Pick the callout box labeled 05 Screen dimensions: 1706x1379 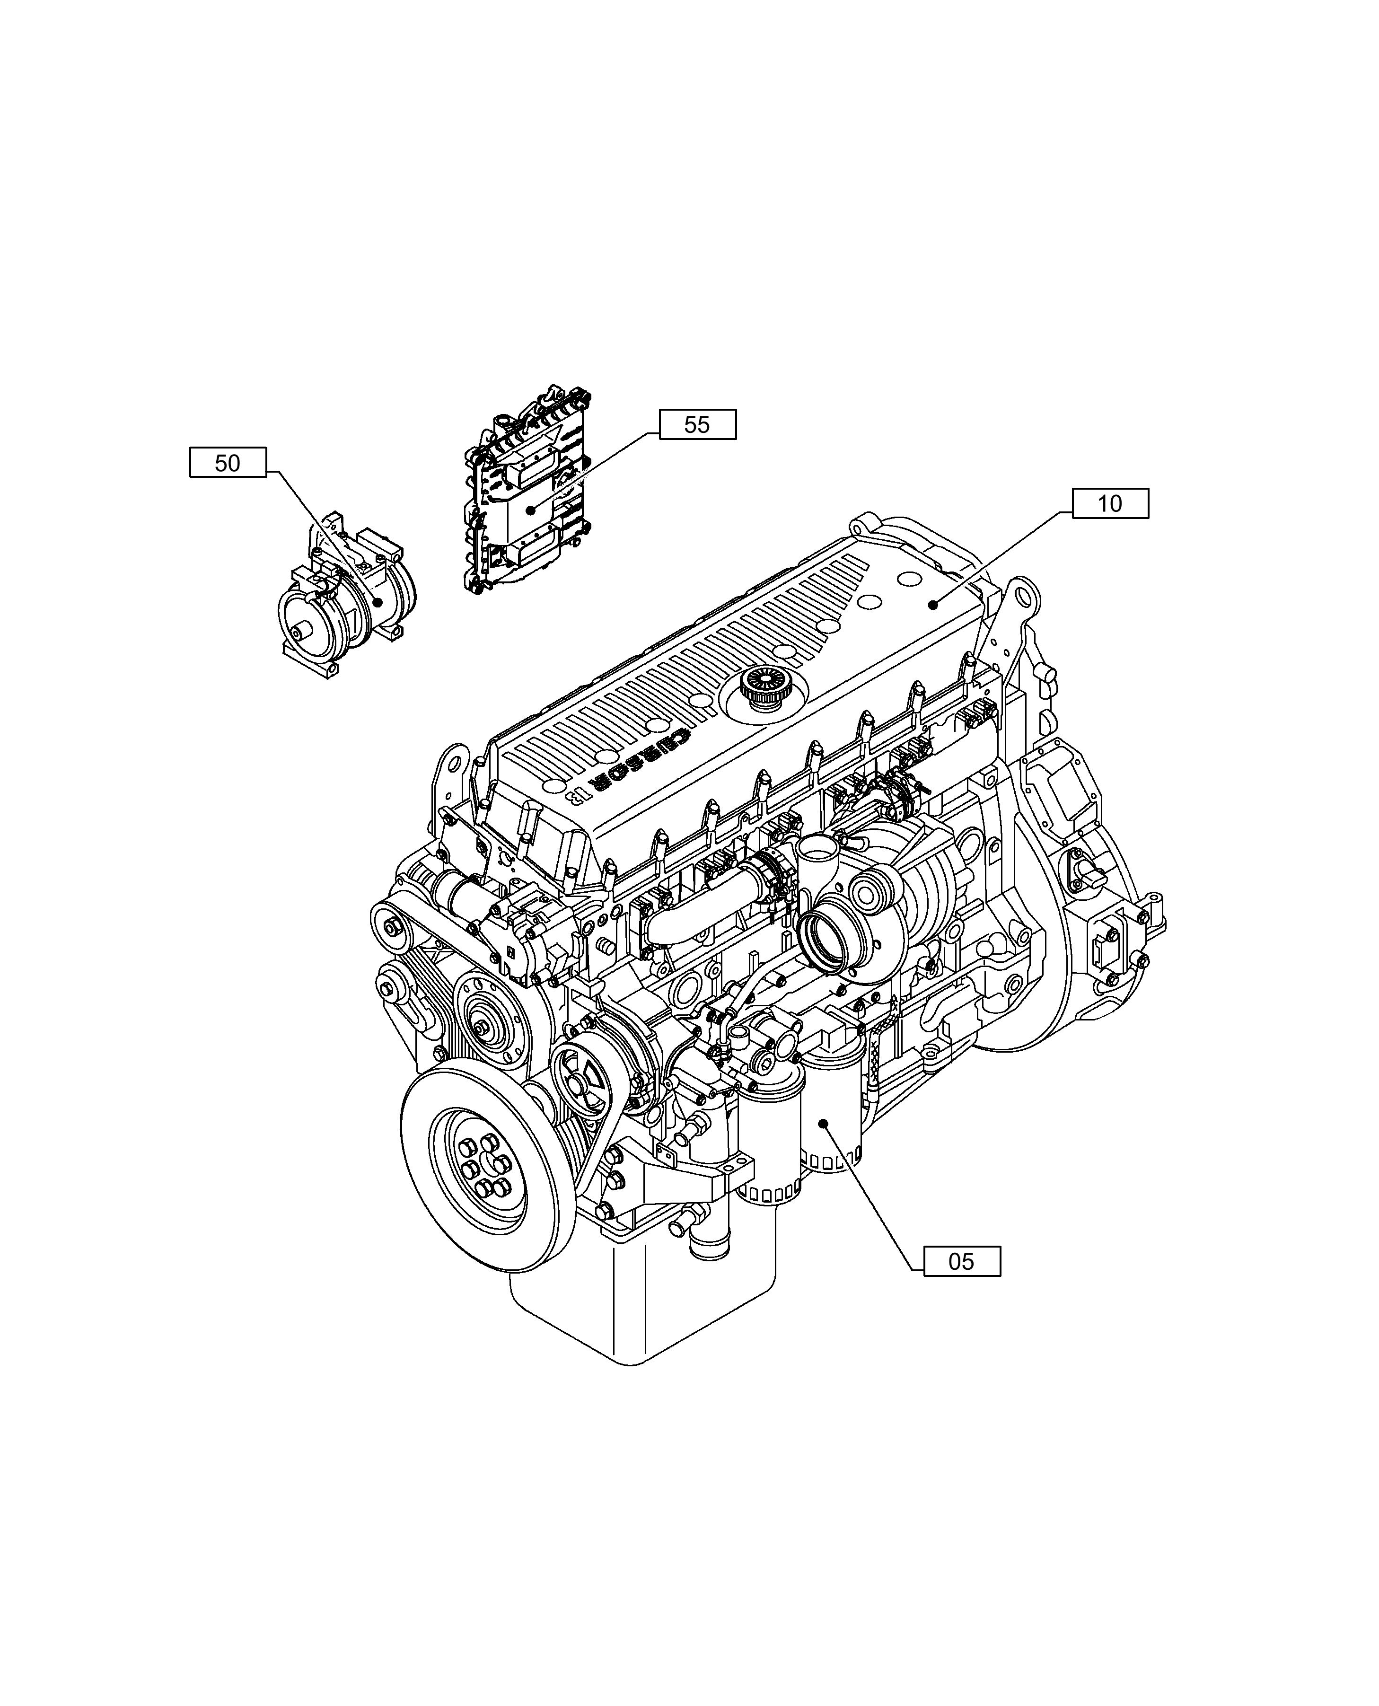(x=961, y=1261)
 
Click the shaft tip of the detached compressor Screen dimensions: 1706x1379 (x=296, y=633)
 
